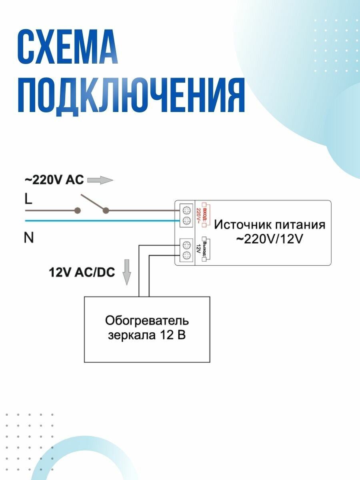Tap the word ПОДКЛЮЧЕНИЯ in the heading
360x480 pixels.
pyautogui.click(x=130, y=97)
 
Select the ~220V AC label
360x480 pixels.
pyautogui.click(x=54, y=180)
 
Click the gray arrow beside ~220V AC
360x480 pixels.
pyautogui.click(x=100, y=180)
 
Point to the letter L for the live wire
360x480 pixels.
pyautogui.click(x=28, y=199)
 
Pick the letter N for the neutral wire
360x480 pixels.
pyautogui.click(x=28, y=238)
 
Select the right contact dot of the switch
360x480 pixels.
pyautogui.click(x=106, y=210)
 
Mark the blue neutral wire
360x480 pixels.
pyautogui.click(x=100, y=220)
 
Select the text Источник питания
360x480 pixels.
pyautogui.click(x=270, y=224)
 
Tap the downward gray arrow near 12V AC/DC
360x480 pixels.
pyautogui.click(x=127, y=272)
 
